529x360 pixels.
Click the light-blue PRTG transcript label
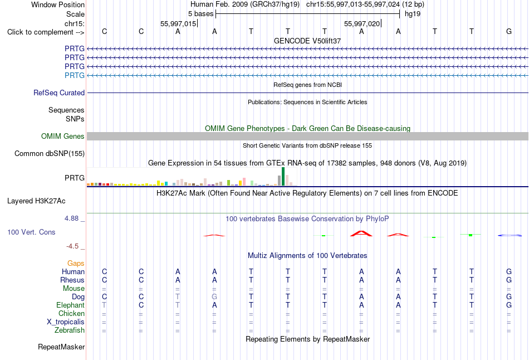coord(75,75)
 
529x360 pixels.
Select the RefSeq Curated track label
coord(59,93)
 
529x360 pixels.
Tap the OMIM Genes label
coord(63,136)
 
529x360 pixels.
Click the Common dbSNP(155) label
coord(50,153)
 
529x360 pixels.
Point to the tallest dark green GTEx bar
coord(283,176)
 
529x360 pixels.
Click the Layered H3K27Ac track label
coord(36,201)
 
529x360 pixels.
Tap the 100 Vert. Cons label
coord(31,232)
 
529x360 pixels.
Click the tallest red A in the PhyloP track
coord(361,233)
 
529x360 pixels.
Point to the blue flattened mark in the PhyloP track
coord(510,235)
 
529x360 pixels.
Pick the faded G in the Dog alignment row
coord(214,296)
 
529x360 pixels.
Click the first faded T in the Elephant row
coord(104,305)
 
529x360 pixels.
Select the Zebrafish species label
coord(70,330)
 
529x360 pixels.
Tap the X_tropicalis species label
coord(66,322)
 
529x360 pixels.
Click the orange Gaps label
coord(76,263)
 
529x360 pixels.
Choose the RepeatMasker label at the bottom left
coord(61,347)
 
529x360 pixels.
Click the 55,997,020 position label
coord(361,23)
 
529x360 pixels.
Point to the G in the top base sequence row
coord(509,31)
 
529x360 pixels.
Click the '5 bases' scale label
coord(200,14)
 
